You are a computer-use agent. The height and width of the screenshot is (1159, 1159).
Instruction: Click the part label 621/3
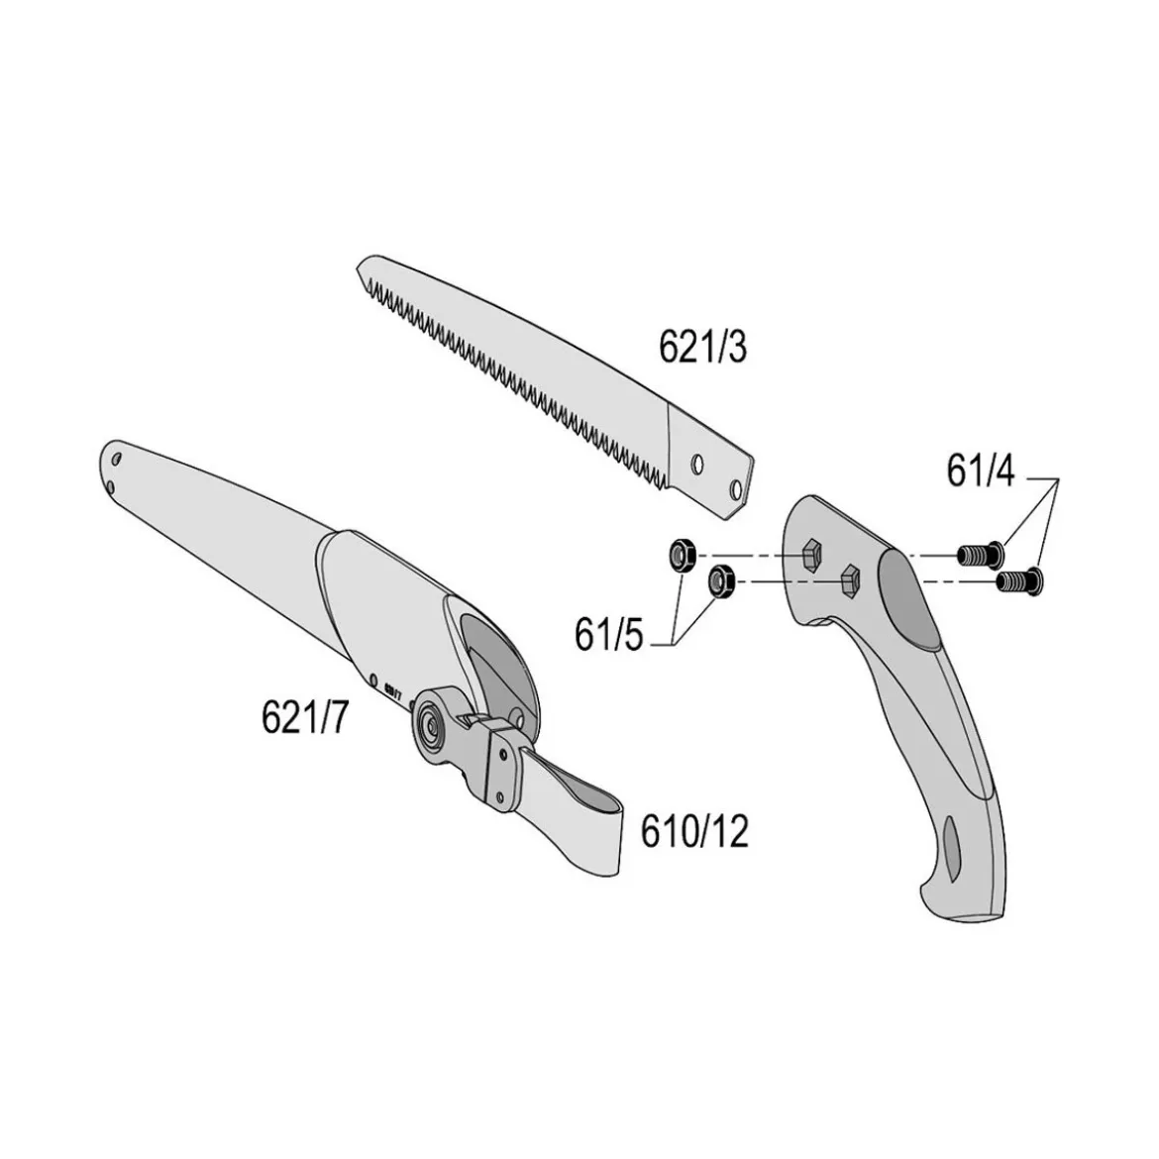point(702,347)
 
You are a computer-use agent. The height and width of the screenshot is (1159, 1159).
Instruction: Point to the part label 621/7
point(304,716)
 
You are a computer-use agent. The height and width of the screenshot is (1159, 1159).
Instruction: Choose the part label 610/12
point(694,831)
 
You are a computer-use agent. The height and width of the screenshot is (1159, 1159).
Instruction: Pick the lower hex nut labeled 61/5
point(719,580)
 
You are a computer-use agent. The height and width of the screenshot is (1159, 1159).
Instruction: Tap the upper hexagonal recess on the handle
point(811,553)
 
